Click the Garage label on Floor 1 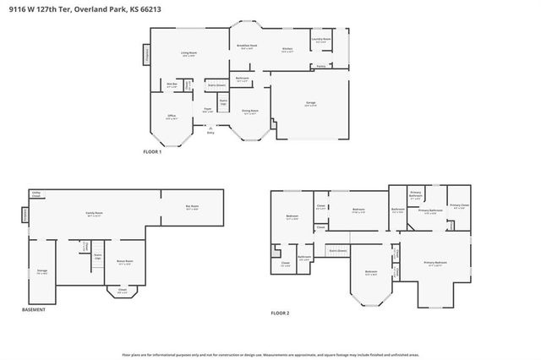(x=310, y=104)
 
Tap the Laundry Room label (x=321, y=39)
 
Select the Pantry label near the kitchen (x=321, y=65)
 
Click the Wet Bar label (x=172, y=85)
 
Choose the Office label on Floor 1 (x=172, y=118)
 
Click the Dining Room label (x=250, y=112)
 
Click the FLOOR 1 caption (x=153, y=151)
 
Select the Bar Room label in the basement (x=192, y=206)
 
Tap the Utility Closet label (x=36, y=194)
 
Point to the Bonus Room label (x=124, y=262)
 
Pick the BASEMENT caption (x=33, y=310)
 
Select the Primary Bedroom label (x=435, y=264)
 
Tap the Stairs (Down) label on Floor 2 (x=337, y=251)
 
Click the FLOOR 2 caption (x=280, y=314)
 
